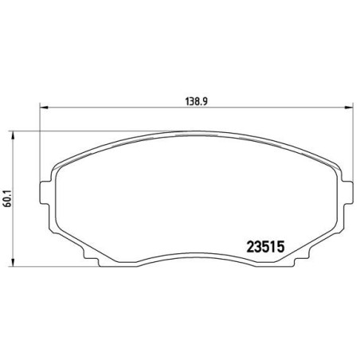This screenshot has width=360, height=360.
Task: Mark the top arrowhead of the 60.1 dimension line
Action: (18, 133)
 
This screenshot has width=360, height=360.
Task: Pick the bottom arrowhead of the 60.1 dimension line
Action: (18, 262)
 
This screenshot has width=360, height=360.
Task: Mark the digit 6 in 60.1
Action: (8, 203)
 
